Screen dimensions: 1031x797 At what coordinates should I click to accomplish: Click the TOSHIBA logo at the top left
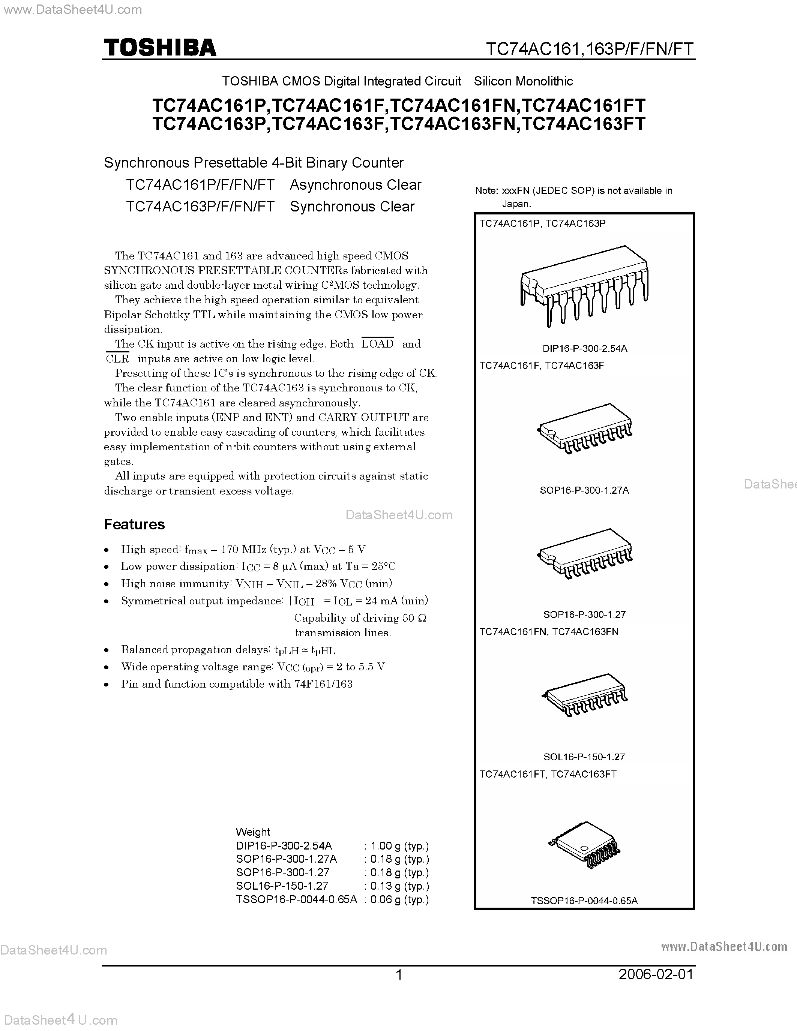pyautogui.click(x=160, y=48)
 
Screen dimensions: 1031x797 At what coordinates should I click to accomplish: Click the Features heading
pyautogui.click(x=134, y=524)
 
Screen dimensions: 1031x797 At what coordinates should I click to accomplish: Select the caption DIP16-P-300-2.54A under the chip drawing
pyautogui.click(x=585, y=348)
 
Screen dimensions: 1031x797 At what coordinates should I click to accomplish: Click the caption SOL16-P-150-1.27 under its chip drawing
pyautogui.click(x=584, y=757)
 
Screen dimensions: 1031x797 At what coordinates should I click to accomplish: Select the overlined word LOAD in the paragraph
pyautogui.click(x=377, y=344)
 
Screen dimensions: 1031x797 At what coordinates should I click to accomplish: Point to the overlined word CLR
pyautogui.click(x=117, y=359)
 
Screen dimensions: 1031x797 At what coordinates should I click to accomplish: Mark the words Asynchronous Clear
pyautogui.click(x=355, y=184)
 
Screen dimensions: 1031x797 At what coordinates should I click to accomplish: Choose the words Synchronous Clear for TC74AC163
pyautogui.click(x=352, y=206)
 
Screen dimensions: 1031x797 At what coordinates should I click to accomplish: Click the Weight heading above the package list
pyautogui.click(x=253, y=832)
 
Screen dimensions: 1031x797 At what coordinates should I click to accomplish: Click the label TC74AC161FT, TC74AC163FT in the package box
pyautogui.click(x=548, y=774)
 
